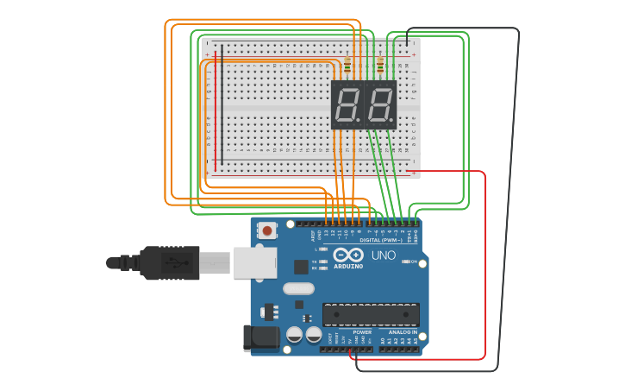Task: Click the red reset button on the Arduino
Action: click(268, 230)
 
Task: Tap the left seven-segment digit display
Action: click(347, 104)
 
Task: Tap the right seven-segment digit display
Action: click(380, 104)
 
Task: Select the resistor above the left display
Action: click(347, 66)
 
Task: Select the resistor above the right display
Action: click(380, 66)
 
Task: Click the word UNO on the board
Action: click(383, 255)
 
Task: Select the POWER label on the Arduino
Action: click(362, 331)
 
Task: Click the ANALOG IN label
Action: click(402, 331)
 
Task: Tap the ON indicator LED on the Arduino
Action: click(403, 262)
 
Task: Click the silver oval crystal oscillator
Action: click(298, 289)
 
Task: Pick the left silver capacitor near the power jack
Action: click(294, 334)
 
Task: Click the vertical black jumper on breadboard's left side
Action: click(222, 104)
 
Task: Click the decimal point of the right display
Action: click(392, 120)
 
